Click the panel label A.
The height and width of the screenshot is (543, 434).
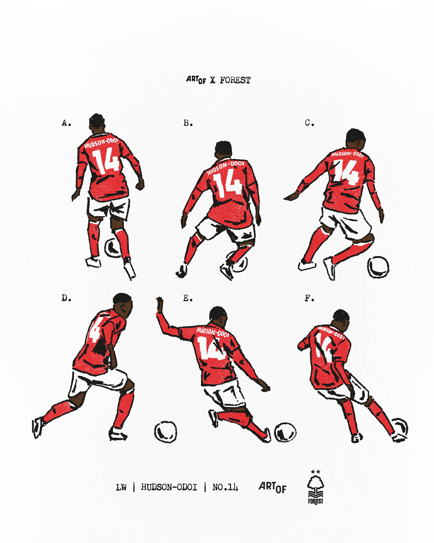click(x=66, y=123)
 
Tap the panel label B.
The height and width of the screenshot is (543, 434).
click(x=188, y=123)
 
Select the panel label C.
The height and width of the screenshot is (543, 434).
click(x=309, y=123)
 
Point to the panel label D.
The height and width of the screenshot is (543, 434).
click(x=66, y=298)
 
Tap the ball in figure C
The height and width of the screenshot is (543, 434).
click(x=378, y=267)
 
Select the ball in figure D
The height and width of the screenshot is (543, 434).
click(x=165, y=432)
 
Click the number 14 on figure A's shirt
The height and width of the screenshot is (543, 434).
click(x=106, y=161)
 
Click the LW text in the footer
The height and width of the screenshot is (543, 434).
click(x=121, y=488)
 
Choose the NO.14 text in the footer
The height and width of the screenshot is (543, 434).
click(x=225, y=487)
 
